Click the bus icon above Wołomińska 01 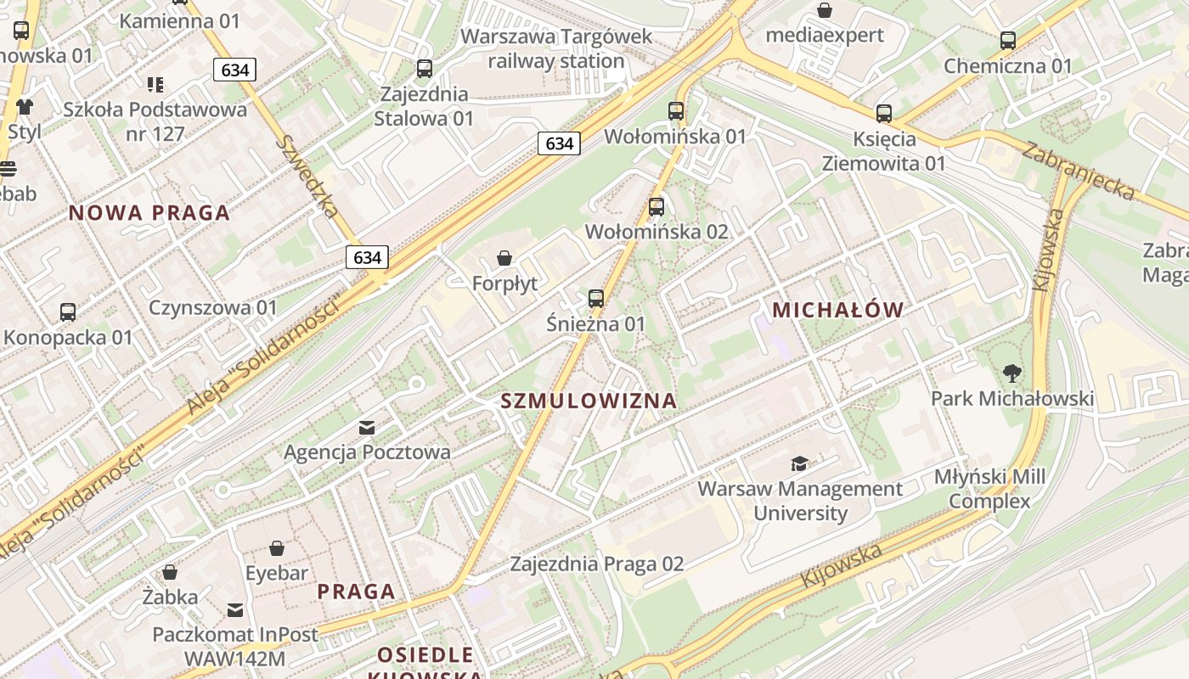point(676,110)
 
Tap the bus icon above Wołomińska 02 point(656,206)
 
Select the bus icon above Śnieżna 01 point(596,299)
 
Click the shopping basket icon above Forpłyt point(504,258)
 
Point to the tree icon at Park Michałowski point(1011,373)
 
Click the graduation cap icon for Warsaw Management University point(799,463)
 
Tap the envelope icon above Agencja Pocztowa point(367,427)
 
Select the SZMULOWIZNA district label point(589,401)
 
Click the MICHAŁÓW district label point(837,311)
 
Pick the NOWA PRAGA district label point(149,213)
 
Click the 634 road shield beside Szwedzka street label point(367,257)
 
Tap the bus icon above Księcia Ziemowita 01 point(884,113)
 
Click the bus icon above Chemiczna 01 point(1008,40)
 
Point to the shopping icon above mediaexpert point(824,10)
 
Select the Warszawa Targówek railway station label point(556,48)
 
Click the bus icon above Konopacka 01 point(68,312)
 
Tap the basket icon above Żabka point(170,572)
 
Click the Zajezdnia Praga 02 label point(596,564)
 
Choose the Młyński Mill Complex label point(989,489)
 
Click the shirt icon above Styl point(24,107)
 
